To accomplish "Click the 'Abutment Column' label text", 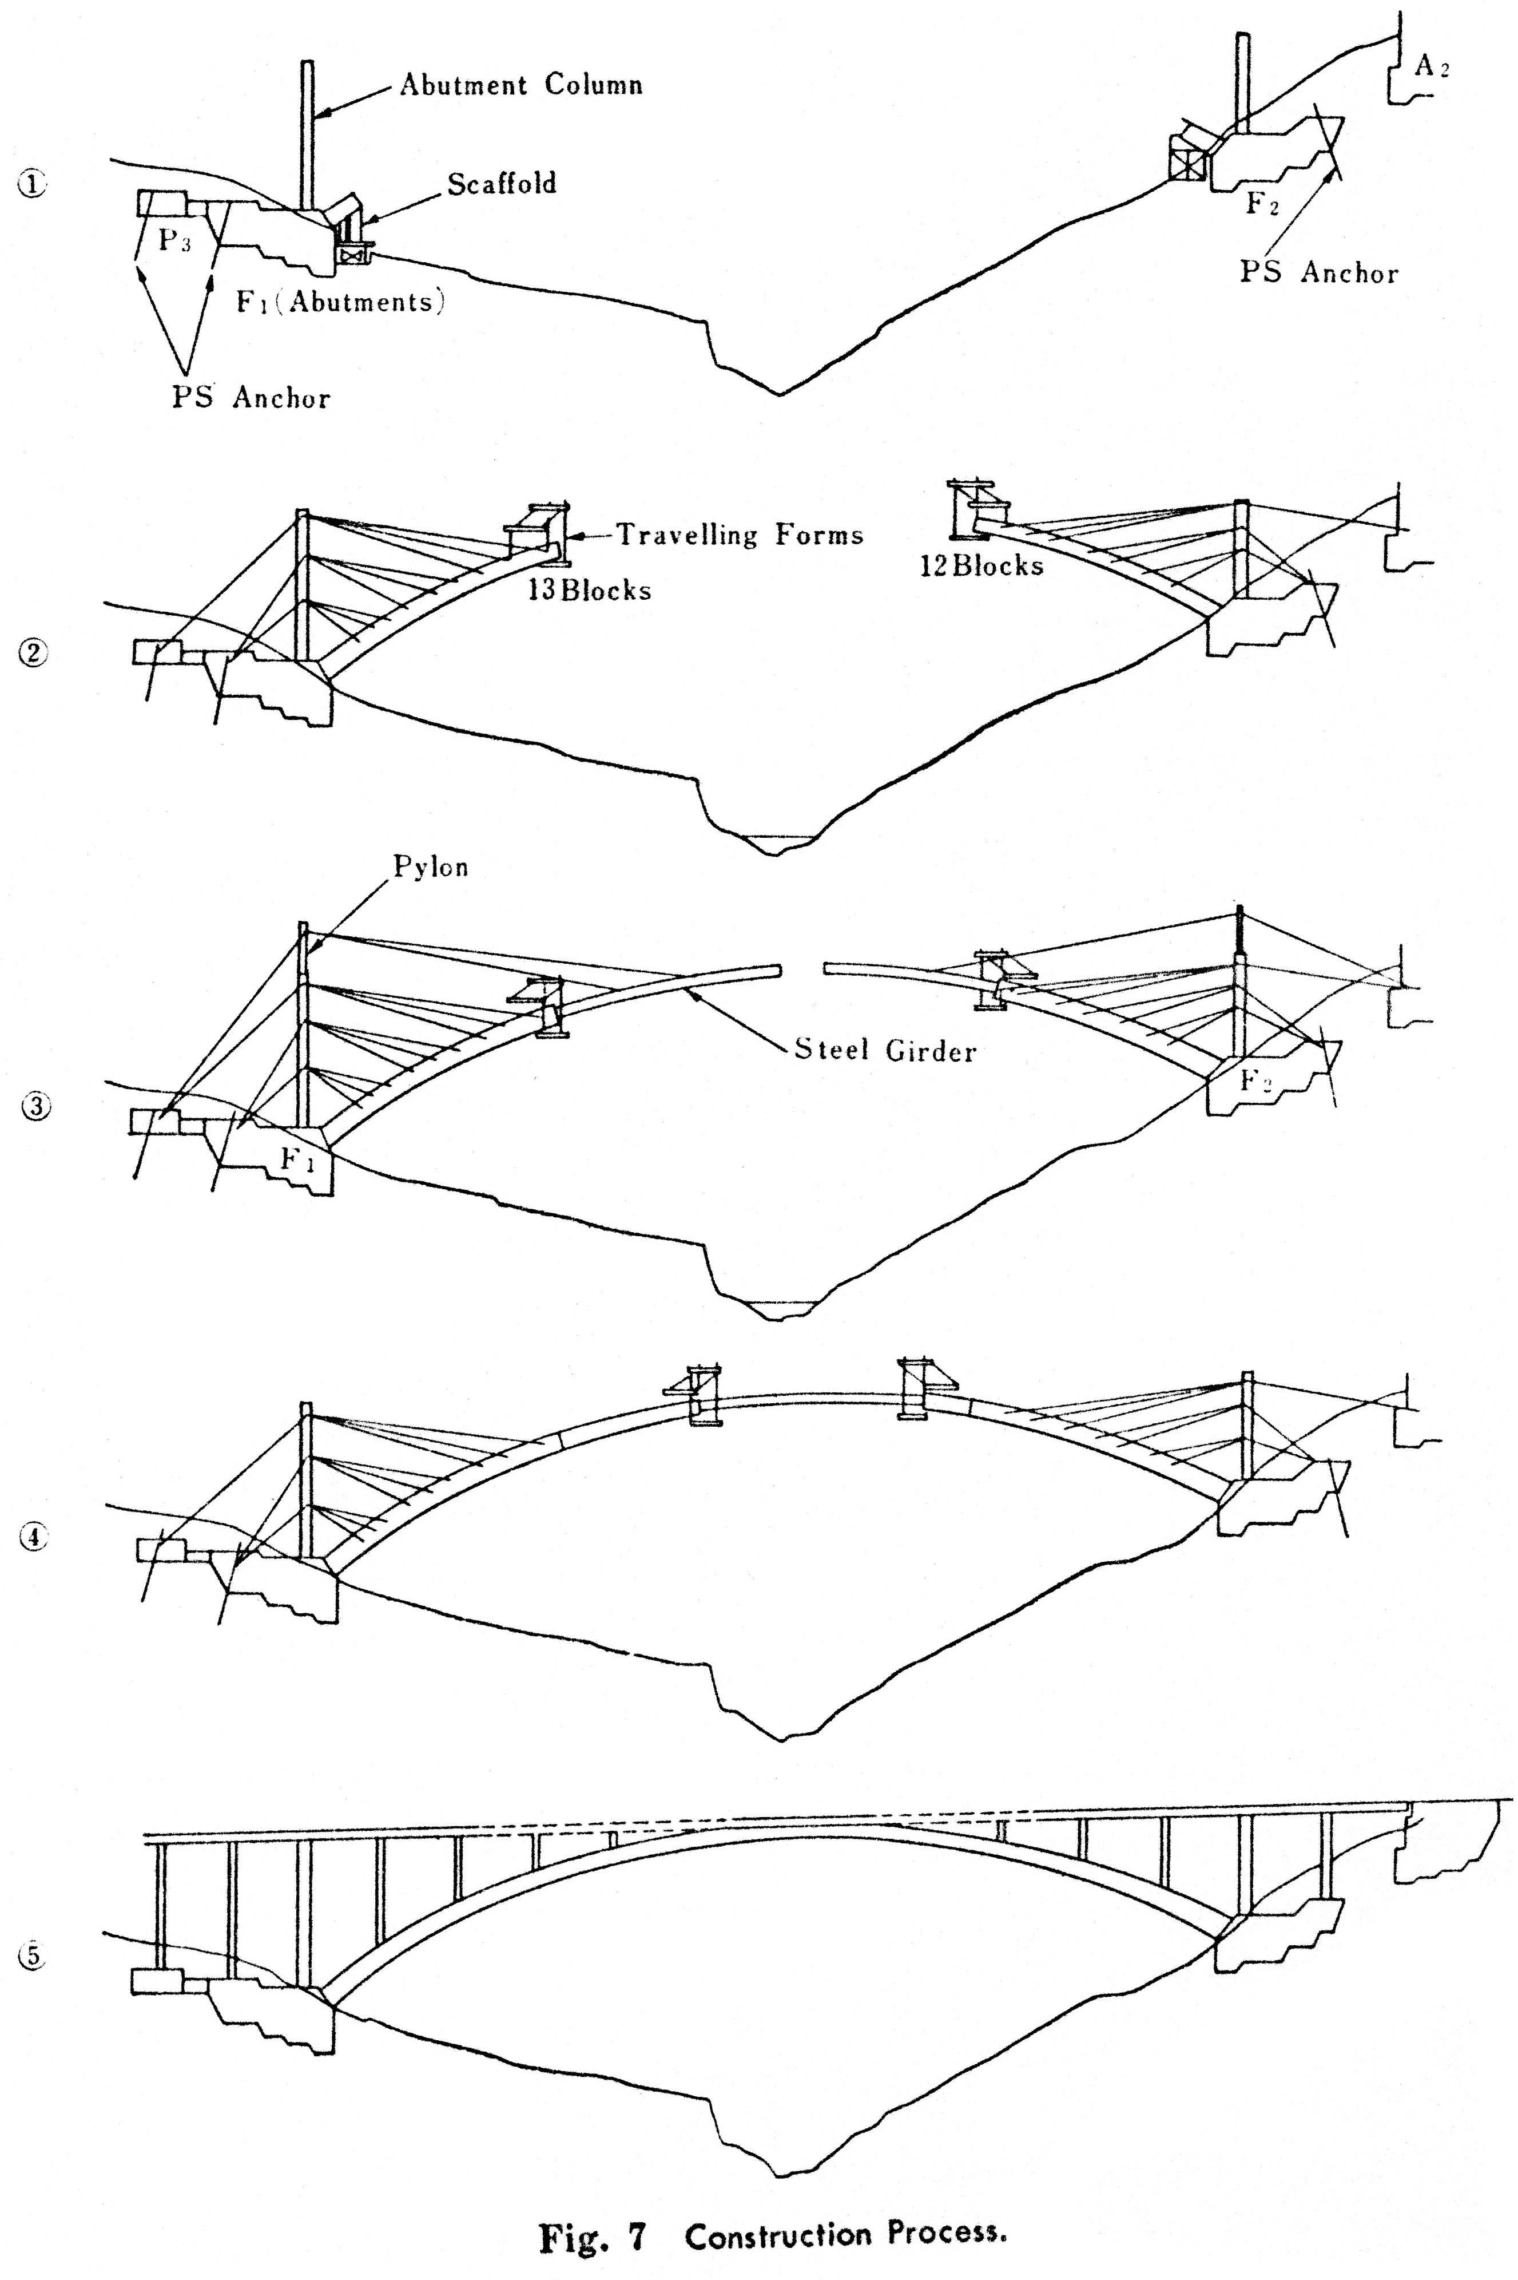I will [521, 85].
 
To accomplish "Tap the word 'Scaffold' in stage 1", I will [502, 184].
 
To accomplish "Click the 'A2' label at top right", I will [1432, 66].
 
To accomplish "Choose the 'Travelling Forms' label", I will [740, 535].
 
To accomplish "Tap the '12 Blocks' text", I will [981, 565].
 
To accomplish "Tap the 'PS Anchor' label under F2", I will [1318, 272].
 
